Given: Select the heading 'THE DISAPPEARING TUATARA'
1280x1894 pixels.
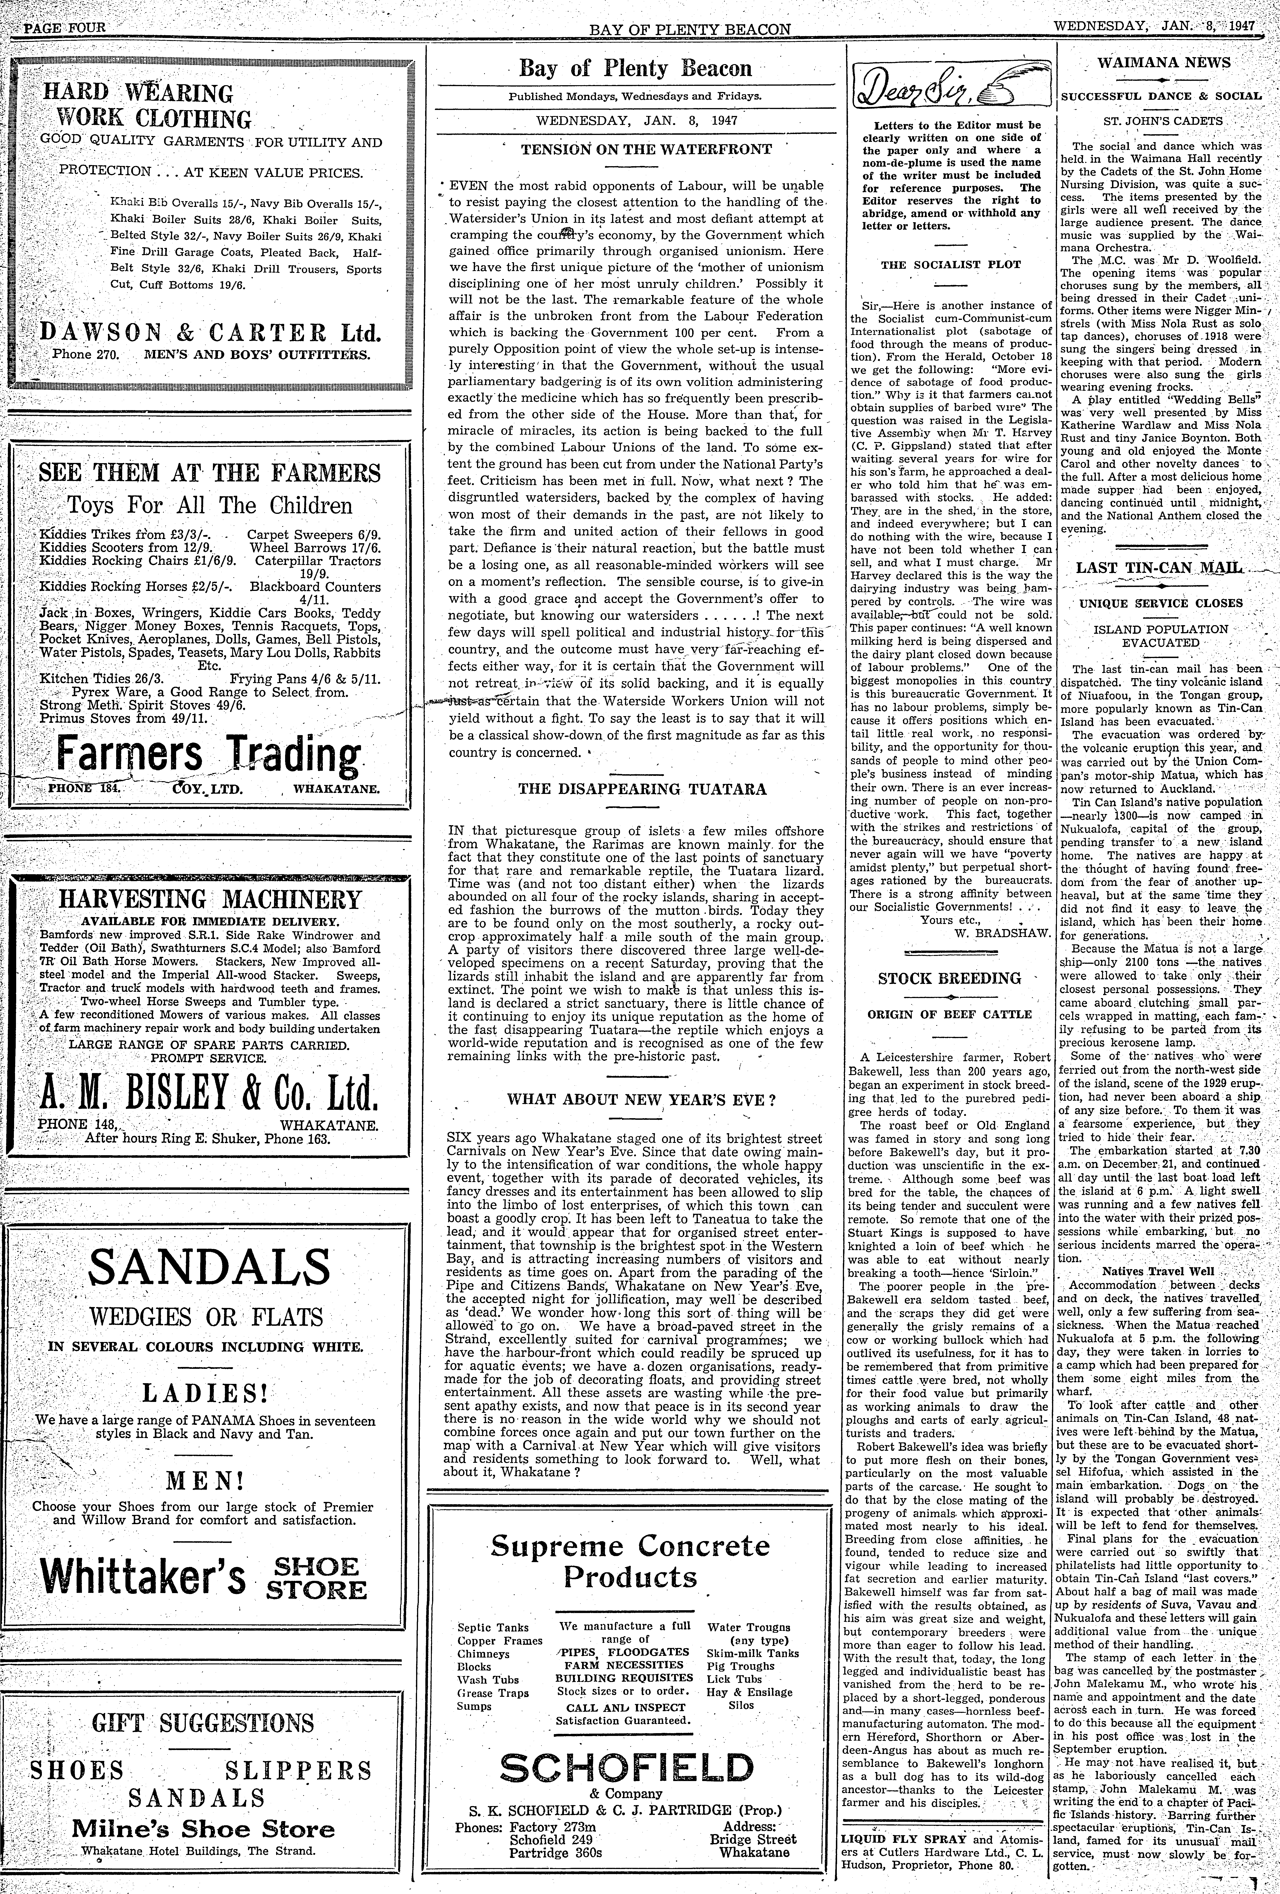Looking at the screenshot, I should tap(642, 789).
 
